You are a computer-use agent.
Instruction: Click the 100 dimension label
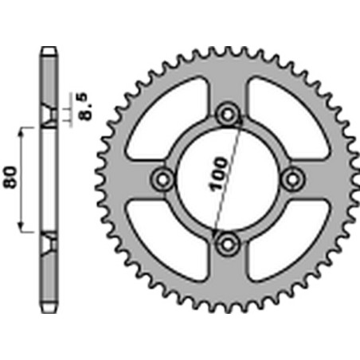point(219,174)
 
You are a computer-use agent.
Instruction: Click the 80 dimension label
point(11,177)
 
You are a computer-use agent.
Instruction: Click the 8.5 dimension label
point(86,106)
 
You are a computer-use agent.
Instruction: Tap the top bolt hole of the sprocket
point(228,115)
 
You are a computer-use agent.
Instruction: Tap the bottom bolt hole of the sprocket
point(228,244)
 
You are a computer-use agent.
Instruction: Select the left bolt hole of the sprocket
point(162,179)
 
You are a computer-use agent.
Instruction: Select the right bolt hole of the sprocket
point(292,179)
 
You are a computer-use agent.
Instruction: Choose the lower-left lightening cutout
point(167,241)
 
